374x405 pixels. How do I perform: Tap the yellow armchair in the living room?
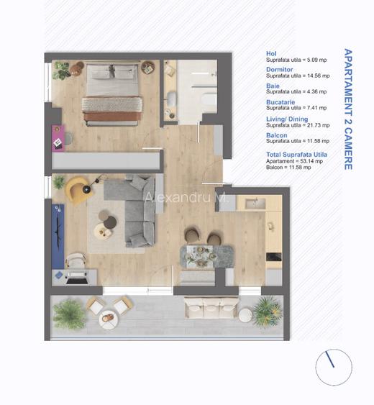click(x=76, y=189)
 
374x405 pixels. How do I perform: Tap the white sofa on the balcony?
click(x=211, y=309)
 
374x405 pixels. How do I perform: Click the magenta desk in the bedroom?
click(x=58, y=137)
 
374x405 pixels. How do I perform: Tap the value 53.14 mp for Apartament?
click(x=310, y=162)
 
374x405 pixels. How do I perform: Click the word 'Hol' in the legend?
click(x=271, y=53)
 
